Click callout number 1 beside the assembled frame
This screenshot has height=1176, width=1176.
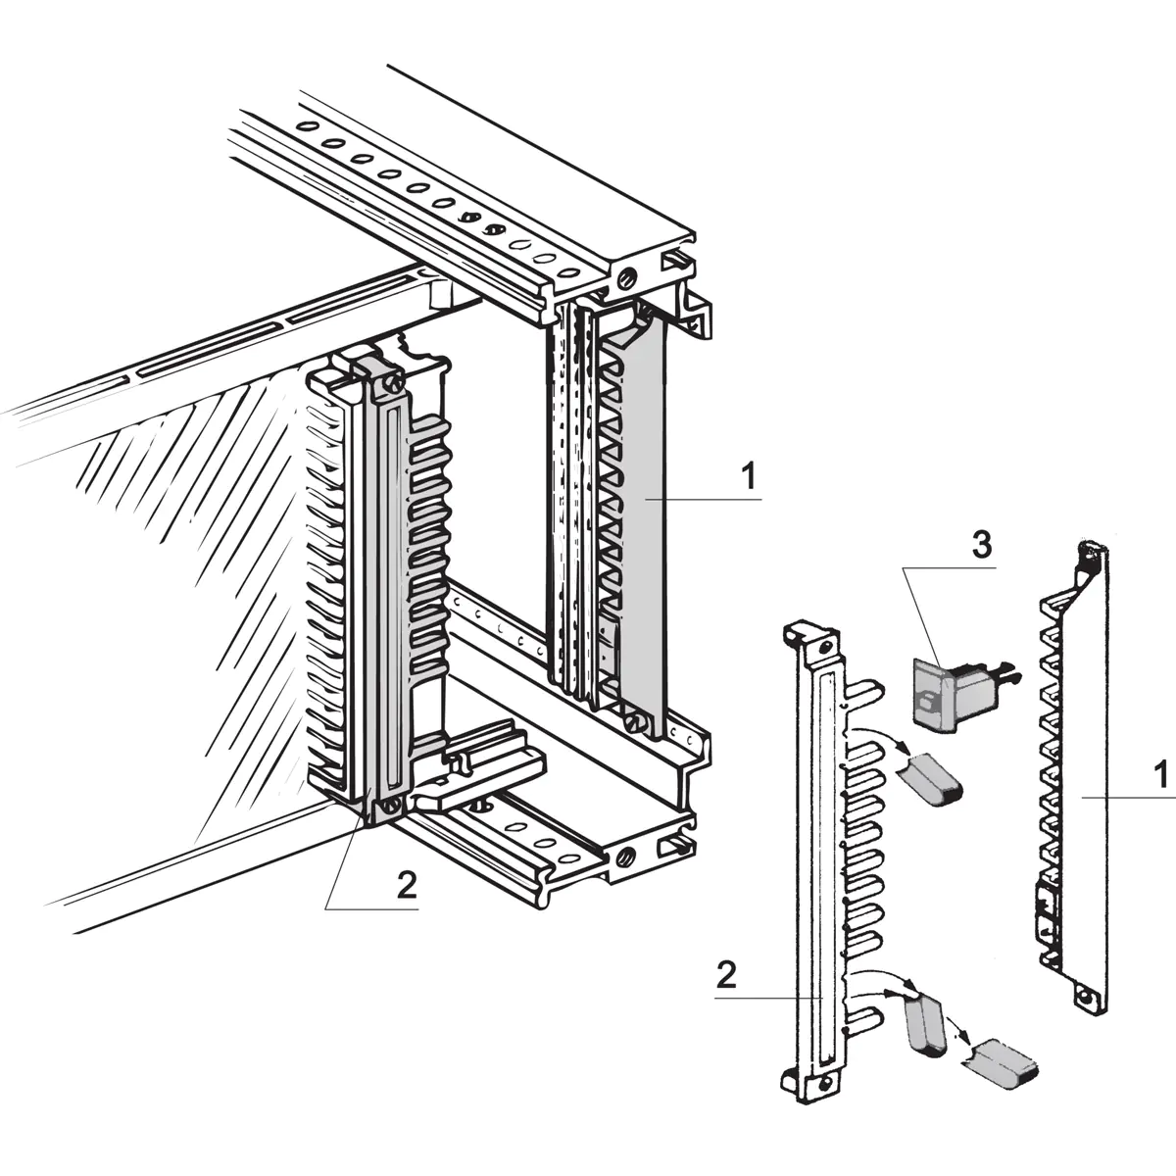click(748, 478)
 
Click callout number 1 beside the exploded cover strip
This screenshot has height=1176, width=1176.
click(1160, 776)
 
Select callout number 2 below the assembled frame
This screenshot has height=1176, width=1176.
click(407, 885)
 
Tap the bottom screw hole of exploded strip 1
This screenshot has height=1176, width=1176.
click(1084, 1000)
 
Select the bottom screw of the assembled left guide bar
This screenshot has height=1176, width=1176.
click(390, 807)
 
